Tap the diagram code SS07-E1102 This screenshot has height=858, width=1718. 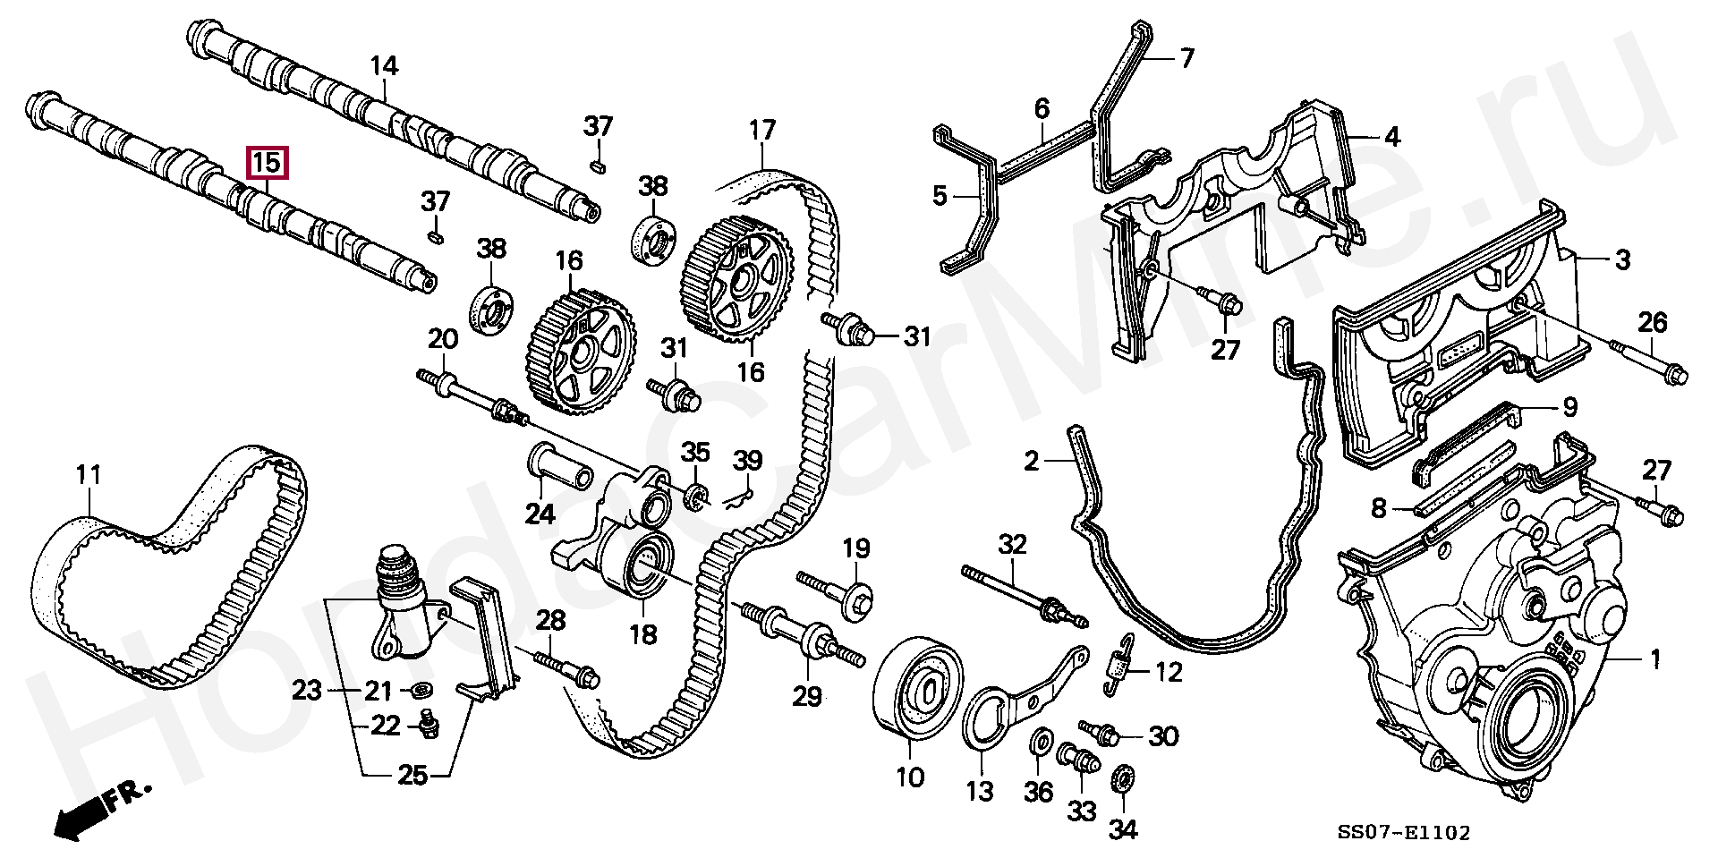(x=1403, y=833)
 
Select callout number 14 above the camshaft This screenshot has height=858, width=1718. (x=384, y=65)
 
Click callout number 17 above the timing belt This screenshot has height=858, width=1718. (x=762, y=131)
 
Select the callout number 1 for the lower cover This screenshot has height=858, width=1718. (x=1654, y=660)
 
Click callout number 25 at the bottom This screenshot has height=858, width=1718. (x=412, y=775)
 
